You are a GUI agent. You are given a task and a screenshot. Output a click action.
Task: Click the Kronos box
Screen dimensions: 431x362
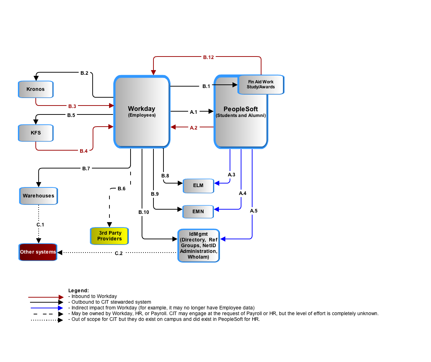(x=36, y=89)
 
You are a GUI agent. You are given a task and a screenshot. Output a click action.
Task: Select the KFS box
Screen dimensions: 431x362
(x=36, y=133)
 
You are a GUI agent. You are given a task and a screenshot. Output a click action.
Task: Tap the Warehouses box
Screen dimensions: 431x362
(x=38, y=196)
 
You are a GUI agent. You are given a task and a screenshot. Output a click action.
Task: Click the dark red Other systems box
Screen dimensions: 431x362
(x=38, y=252)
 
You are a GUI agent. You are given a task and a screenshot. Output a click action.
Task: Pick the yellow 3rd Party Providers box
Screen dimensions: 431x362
(x=109, y=236)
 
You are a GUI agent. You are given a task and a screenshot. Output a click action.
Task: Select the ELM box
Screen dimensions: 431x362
(x=198, y=186)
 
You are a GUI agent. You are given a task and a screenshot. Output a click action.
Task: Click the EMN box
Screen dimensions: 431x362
(x=198, y=212)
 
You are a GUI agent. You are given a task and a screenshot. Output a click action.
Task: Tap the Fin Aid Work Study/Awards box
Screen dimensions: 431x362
(x=261, y=84)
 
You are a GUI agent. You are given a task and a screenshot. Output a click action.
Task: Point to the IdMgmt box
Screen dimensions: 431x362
(x=199, y=245)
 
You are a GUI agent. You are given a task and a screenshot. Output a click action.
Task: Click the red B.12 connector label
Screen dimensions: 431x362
(x=208, y=57)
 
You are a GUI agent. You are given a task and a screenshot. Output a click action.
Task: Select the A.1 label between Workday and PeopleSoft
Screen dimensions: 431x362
(x=194, y=112)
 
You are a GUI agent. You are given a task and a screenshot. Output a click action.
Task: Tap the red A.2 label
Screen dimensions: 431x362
(x=194, y=128)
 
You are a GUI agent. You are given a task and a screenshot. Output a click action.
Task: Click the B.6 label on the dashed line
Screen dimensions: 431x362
(x=121, y=189)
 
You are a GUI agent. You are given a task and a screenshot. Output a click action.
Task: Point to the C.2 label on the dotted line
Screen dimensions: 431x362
(x=118, y=253)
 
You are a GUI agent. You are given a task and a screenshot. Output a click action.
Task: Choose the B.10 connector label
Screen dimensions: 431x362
(x=144, y=212)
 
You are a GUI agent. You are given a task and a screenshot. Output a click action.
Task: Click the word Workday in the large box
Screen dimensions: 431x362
(x=141, y=109)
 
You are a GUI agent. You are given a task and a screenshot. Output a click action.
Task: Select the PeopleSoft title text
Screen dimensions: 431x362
(x=240, y=109)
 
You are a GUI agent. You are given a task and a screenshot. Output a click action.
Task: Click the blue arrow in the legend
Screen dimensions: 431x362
(x=46, y=308)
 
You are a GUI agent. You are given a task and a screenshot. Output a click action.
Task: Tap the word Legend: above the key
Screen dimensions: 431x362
(x=78, y=290)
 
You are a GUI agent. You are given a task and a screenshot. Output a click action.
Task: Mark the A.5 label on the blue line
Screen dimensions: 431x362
(x=254, y=211)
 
